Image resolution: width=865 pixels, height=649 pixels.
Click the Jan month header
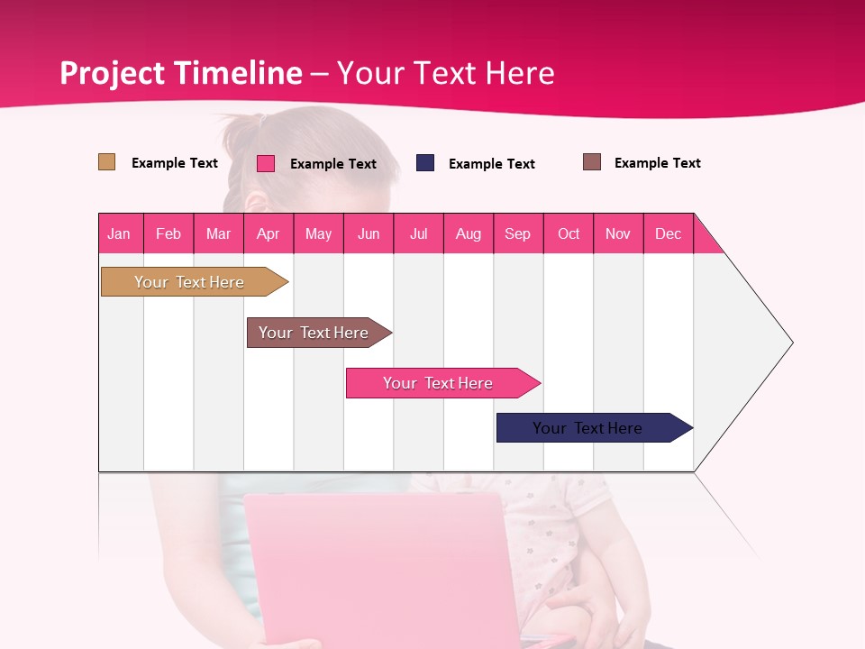click(x=120, y=233)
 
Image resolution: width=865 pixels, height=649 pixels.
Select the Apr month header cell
click(x=269, y=233)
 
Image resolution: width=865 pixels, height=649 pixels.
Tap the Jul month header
click(x=418, y=233)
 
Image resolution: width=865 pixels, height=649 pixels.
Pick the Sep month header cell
click(x=518, y=233)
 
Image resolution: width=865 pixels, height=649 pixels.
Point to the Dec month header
click(x=668, y=233)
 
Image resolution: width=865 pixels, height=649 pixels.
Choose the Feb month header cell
click(x=168, y=233)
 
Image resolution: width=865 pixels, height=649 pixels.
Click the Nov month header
click(x=618, y=233)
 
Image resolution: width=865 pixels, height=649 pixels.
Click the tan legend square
click(x=107, y=162)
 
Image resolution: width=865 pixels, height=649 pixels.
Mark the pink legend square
click(x=266, y=163)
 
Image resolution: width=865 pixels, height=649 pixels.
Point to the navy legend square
click(x=425, y=163)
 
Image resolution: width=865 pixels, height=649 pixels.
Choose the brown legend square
click(x=592, y=162)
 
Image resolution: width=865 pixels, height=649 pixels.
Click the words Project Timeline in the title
click(x=180, y=73)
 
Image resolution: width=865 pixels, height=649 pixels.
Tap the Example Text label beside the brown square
click(x=657, y=163)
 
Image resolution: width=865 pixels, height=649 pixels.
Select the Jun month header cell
click(x=369, y=233)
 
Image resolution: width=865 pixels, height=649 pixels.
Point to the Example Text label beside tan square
click(x=175, y=163)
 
